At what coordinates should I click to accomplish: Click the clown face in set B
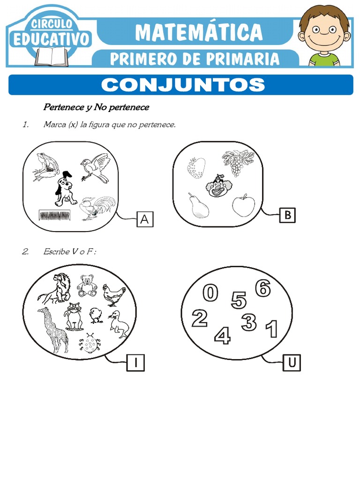coord(217,186)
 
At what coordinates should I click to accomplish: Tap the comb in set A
coord(56,216)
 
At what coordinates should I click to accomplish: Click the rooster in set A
coord(96,208)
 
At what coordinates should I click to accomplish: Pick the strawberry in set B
coord(196,168)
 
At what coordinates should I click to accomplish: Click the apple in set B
coord(244,205)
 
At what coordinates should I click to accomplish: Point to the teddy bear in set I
coord(87,285)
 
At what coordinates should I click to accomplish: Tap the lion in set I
coord(56,287)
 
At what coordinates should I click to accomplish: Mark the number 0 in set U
coord(210,293)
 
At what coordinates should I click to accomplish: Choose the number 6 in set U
coord(263,288)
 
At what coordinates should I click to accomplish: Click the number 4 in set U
coord(223,335)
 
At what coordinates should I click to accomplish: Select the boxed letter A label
coord(145,219)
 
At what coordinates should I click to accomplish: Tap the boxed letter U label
coord(292,363)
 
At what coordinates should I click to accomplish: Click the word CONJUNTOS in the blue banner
coord(183,85)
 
